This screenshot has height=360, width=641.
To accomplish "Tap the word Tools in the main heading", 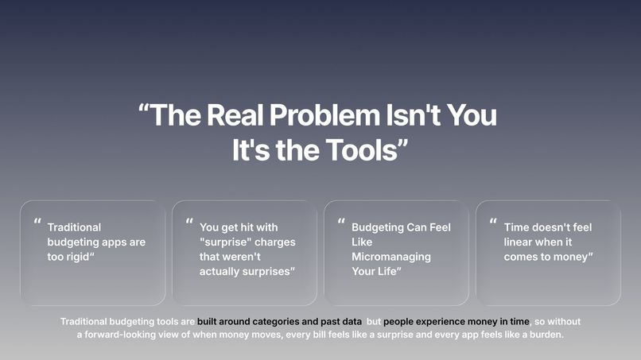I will [x=363, y=150].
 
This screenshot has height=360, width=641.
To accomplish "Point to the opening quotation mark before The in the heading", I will [x=143, y=111].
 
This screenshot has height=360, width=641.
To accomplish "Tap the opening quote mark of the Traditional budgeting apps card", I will [x=37, y=223].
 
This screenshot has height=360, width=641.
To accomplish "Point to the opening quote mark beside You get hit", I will [x=189, y=223].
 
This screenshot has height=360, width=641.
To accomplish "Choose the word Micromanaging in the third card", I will [x=390, y=257].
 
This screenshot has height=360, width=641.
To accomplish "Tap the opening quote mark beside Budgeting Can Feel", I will [x=341, y=223].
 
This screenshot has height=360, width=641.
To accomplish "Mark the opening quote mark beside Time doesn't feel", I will [x=493, y=223].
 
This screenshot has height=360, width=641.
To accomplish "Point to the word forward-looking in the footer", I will [x=122, y=335].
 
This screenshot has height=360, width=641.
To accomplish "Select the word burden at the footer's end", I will [x=544, y=335].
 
